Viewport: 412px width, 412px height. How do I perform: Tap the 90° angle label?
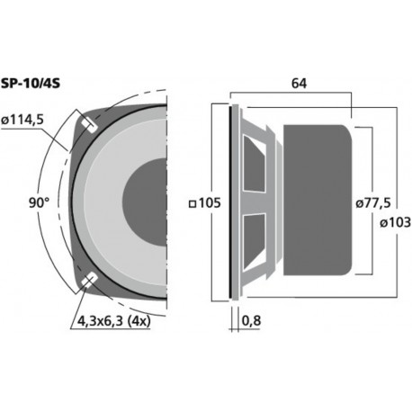coord(38,203)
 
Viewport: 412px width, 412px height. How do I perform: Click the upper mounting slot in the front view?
coord(90,124)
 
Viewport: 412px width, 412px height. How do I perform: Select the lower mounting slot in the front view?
coord(90,282)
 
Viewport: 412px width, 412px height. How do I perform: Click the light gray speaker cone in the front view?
coord(117,162)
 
